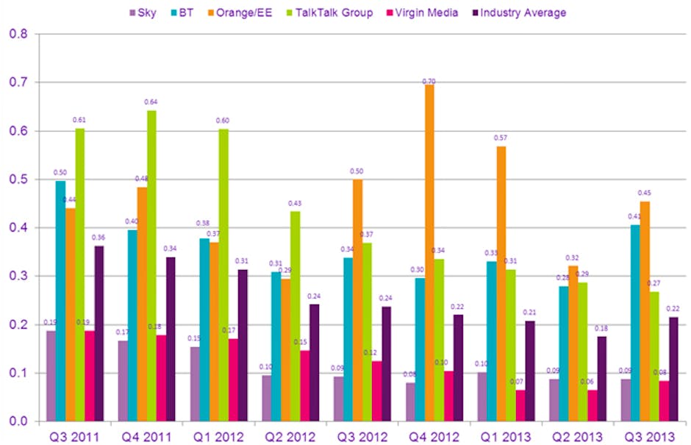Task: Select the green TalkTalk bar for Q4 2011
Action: point(151,266)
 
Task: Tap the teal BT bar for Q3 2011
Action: point(60,301)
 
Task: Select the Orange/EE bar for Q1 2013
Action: point(501,283)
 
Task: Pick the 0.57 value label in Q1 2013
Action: point(501,138)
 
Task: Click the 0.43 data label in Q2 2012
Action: point(294,203)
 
